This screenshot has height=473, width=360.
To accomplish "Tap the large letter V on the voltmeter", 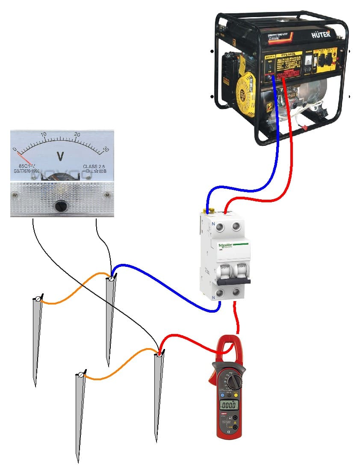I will click(60, 157).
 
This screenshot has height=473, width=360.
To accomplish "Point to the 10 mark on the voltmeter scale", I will click(43, 134).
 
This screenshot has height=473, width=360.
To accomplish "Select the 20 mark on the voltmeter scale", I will click(77, 134).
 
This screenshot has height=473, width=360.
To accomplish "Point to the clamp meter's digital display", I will click(229, 404).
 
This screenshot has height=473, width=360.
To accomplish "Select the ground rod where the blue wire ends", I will click(111, 316).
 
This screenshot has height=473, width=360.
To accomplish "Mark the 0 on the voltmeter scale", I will click(15, 149).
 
